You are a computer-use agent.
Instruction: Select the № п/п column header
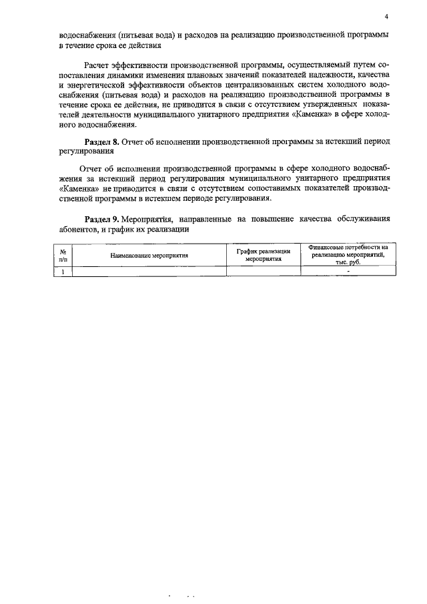[63, 255]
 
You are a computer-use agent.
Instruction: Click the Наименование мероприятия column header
[149, 255]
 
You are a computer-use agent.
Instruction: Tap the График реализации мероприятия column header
[264, 255]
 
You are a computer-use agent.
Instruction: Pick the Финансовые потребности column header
[348, 255]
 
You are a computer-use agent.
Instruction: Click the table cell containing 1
[63, 271]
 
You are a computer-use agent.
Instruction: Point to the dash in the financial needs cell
[348, 271]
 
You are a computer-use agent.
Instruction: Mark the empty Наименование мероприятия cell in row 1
[149, 271]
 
